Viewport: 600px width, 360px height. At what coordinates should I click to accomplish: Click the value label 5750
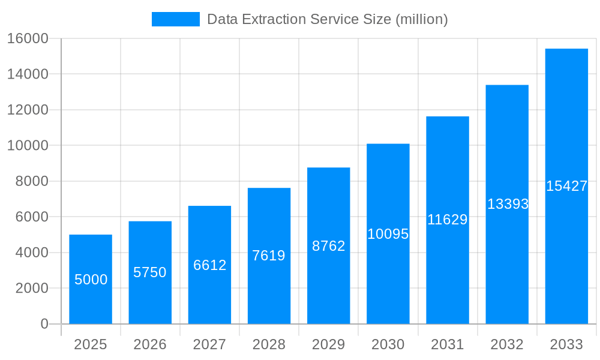(x=150, y=272)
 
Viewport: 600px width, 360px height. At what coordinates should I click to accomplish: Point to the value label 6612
(x=209, y=265)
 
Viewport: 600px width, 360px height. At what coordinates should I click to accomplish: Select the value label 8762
(x=329, y=246)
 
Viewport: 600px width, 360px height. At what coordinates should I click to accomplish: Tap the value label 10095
(x=388, y=234)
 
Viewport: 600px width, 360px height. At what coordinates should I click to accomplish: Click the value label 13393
(x=508, y=204)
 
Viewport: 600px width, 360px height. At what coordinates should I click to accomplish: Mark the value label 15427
(x=566, y=186)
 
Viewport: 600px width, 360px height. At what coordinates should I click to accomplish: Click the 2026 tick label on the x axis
(x=150, y=344)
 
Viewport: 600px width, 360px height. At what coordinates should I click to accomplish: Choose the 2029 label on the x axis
(x=329, y=344)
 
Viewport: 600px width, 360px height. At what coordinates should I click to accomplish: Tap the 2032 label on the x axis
(x=507, y=344)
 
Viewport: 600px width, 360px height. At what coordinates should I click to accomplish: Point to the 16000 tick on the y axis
(x=27, y=38)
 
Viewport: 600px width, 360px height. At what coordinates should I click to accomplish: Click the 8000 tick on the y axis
(x=31, y=181)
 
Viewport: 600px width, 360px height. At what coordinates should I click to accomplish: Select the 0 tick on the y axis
(x=44, y=324)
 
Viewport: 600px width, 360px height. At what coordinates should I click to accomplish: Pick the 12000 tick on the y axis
(x=27, y=110)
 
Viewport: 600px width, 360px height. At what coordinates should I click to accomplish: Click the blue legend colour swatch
(x=175, y=19)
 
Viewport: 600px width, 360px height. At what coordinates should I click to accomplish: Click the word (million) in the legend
(x=421, y=19)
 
